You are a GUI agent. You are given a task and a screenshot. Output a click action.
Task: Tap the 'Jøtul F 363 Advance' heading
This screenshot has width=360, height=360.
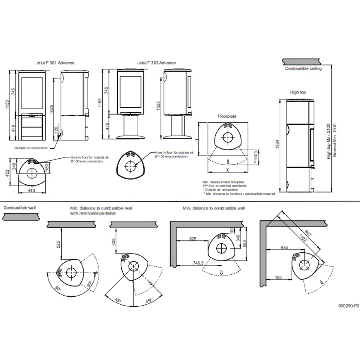(156, 63)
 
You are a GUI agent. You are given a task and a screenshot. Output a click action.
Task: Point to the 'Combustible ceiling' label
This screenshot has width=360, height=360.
(303, 68)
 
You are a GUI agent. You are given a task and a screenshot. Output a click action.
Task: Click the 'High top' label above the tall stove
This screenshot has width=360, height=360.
(298, 93)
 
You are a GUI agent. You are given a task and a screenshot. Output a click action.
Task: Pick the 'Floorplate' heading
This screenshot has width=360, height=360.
(227, 117)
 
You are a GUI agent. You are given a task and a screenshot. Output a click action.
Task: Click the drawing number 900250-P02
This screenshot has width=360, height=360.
(348, 305)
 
